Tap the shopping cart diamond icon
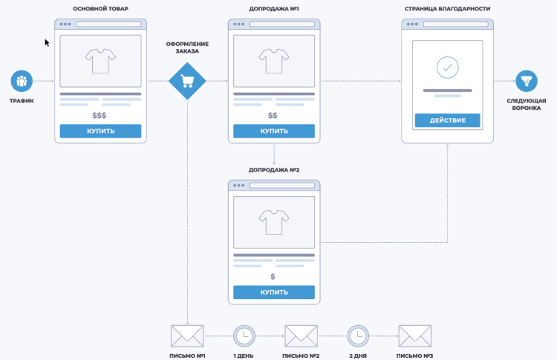[187, 81]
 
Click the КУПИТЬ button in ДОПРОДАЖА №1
[274, 131]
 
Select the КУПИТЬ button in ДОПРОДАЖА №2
[274, 292]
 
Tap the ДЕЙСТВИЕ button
[447, 120]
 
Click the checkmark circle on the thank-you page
[447, 68]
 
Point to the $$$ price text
[100, 116]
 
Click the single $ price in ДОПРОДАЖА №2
[273, 277]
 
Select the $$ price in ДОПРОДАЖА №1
[273, 116]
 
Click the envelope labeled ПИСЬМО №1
[187, 336]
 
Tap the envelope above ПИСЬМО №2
[301, 336]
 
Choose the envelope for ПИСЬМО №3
[415, 336]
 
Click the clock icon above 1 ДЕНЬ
[244, 336]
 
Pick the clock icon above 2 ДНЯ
[358, 336]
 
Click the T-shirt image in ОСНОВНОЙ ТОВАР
[100, 61]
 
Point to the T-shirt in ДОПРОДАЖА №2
[273, 221]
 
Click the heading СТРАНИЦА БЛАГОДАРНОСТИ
[447, 10]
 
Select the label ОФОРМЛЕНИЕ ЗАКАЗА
[187, 47]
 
